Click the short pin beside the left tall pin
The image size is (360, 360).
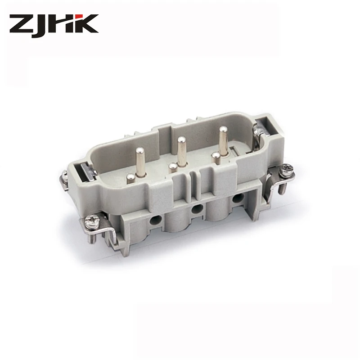click(x=130, y=179)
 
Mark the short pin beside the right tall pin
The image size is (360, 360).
click(x=216, y=158)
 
